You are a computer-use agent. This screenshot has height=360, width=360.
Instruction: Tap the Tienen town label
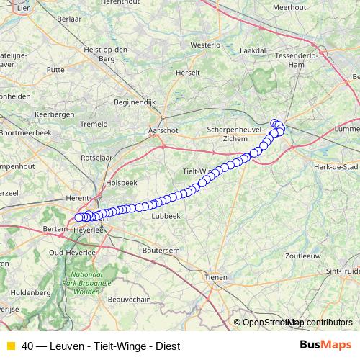[x=216, y=277]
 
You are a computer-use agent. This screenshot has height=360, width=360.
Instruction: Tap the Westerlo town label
[x=204, y=44]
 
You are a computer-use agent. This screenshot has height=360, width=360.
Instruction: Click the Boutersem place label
[x=161, y=250]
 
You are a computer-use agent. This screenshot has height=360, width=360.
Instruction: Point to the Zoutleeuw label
[x=302, y=256]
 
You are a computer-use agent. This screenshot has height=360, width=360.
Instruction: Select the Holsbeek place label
[x=121, y=183]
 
